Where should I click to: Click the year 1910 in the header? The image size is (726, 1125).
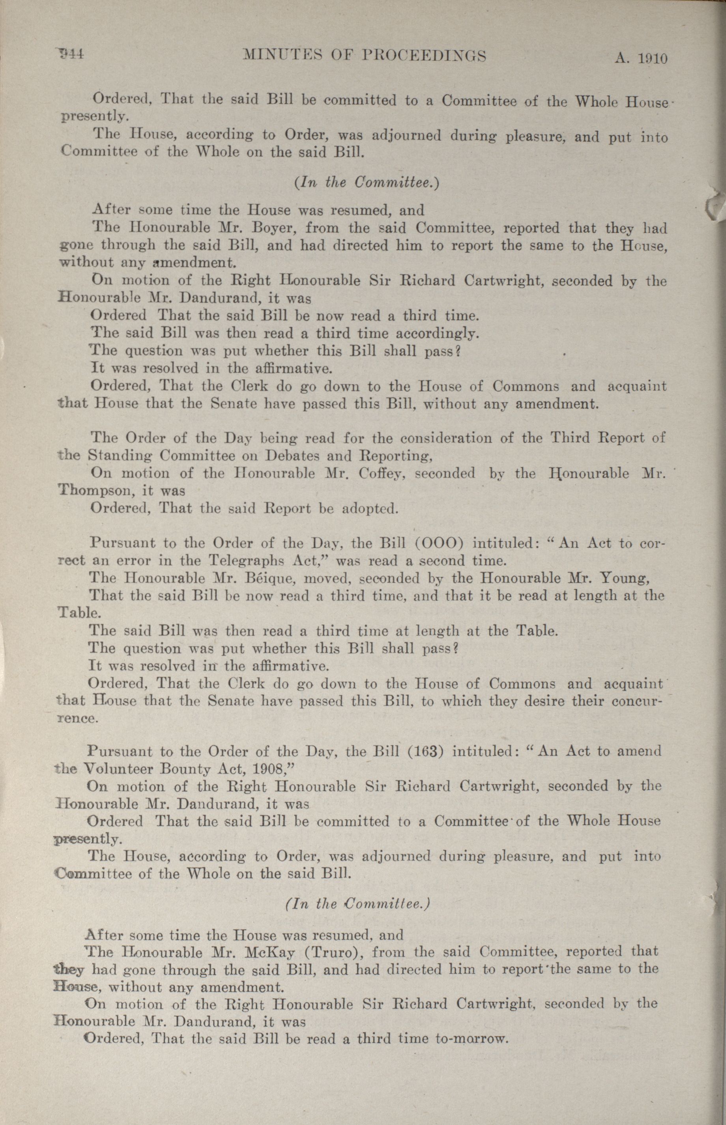point(652,58)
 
